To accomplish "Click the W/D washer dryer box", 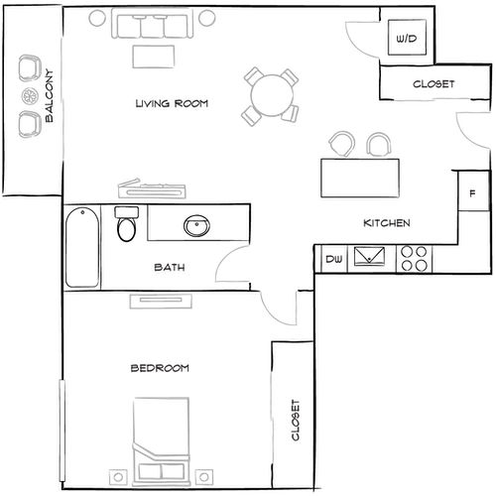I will (405, 39).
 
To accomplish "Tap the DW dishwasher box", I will (334, 260).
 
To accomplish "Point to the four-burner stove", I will (415, 259).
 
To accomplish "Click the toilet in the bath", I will (125, 227).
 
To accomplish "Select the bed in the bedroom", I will (161, 436).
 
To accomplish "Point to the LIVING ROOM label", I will (172, 103).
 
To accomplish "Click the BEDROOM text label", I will (160, 368).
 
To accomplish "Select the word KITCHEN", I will (386, 223).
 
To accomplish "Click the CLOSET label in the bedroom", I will (294, 422).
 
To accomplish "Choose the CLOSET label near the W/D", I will (433, 84).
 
